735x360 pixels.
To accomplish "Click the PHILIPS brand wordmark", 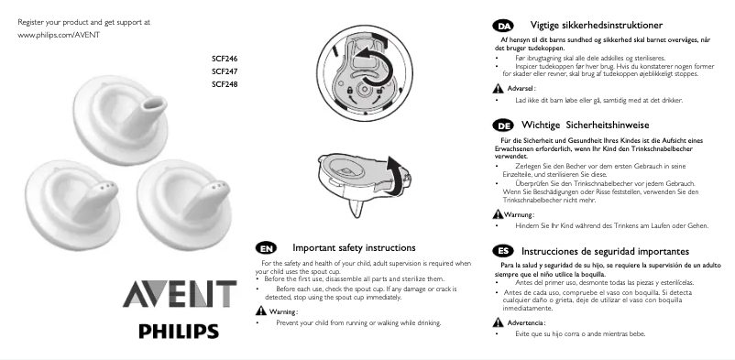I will point(179,331).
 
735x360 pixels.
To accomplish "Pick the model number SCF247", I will point(225,71).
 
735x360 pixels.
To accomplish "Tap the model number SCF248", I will point(225,84).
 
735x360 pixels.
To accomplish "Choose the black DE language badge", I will point(502,124).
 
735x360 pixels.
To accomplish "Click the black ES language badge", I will point(502,251).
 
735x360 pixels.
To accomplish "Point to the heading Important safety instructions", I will point(354,248).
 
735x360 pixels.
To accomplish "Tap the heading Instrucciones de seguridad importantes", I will point(605,251).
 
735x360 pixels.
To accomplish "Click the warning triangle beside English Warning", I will point(260,311).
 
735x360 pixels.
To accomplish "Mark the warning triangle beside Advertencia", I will point(498,323).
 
